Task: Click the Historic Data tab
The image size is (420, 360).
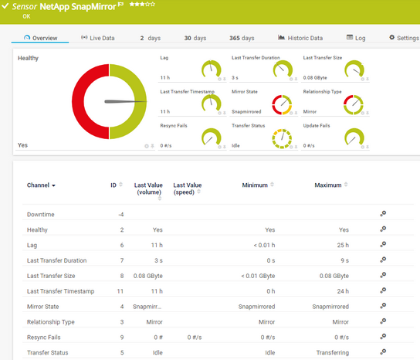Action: (300, 38)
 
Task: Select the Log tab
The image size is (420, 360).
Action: (356, 38)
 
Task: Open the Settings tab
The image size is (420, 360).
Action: (403, 38)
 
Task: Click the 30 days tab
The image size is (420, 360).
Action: (195, 38)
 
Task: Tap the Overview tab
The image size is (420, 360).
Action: (41, 38)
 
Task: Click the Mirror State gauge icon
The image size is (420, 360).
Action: (283, 104)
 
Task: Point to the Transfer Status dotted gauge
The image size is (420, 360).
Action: (283, 138)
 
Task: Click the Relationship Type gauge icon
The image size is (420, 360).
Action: (353, 104)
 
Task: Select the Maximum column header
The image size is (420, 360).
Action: (327, 185)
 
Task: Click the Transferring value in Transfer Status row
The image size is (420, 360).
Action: (333, 353)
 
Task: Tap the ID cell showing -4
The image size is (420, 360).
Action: (120, 214)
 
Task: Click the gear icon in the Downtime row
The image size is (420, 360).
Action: (383, 214)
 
